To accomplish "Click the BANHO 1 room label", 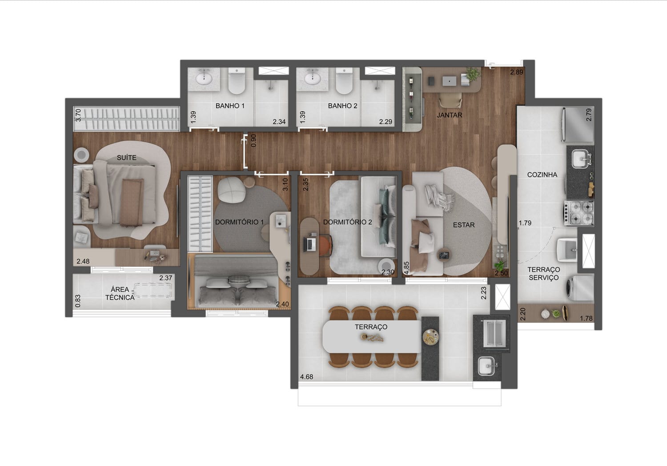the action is [230, 106].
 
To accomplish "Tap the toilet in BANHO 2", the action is [344, 81].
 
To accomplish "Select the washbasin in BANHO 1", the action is [204, 79].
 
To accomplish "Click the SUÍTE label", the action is [127, 158].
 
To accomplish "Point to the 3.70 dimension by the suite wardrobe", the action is [78, 115].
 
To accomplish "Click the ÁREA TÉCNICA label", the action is [120, 293].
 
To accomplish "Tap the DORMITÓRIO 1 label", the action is [239, 222].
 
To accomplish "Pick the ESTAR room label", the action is [464, 225].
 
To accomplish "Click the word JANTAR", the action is [449, 115].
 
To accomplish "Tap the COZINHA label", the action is [542, 174].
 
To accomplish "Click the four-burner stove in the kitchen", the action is [579, 213].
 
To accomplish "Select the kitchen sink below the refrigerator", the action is [580, 159].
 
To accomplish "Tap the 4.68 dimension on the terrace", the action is [306, 377].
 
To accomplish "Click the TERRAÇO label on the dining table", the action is [371, 327].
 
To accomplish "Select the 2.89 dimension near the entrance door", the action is [517, 72].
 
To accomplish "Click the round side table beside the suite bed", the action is [81, 155].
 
